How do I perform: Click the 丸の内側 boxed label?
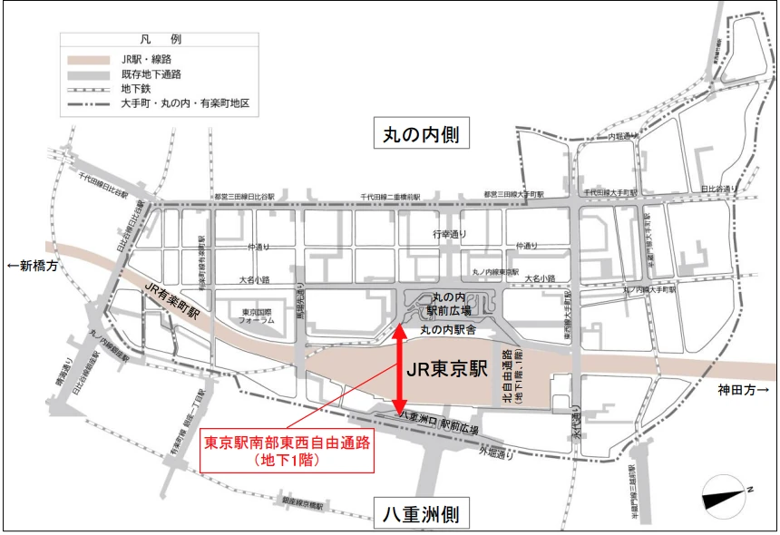pyautogui.click(x=419, y=135)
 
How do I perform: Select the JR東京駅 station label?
pyautogui.click(x=446, y=370)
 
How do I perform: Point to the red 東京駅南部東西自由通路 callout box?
pyautogui.click(x=286, y=451)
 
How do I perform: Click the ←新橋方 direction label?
pyautogui.click(x=33, y=266)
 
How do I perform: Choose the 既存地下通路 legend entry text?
pyautogui.click(x=151, y=74)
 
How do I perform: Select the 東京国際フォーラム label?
pyautogui.click(x=257, y=316)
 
